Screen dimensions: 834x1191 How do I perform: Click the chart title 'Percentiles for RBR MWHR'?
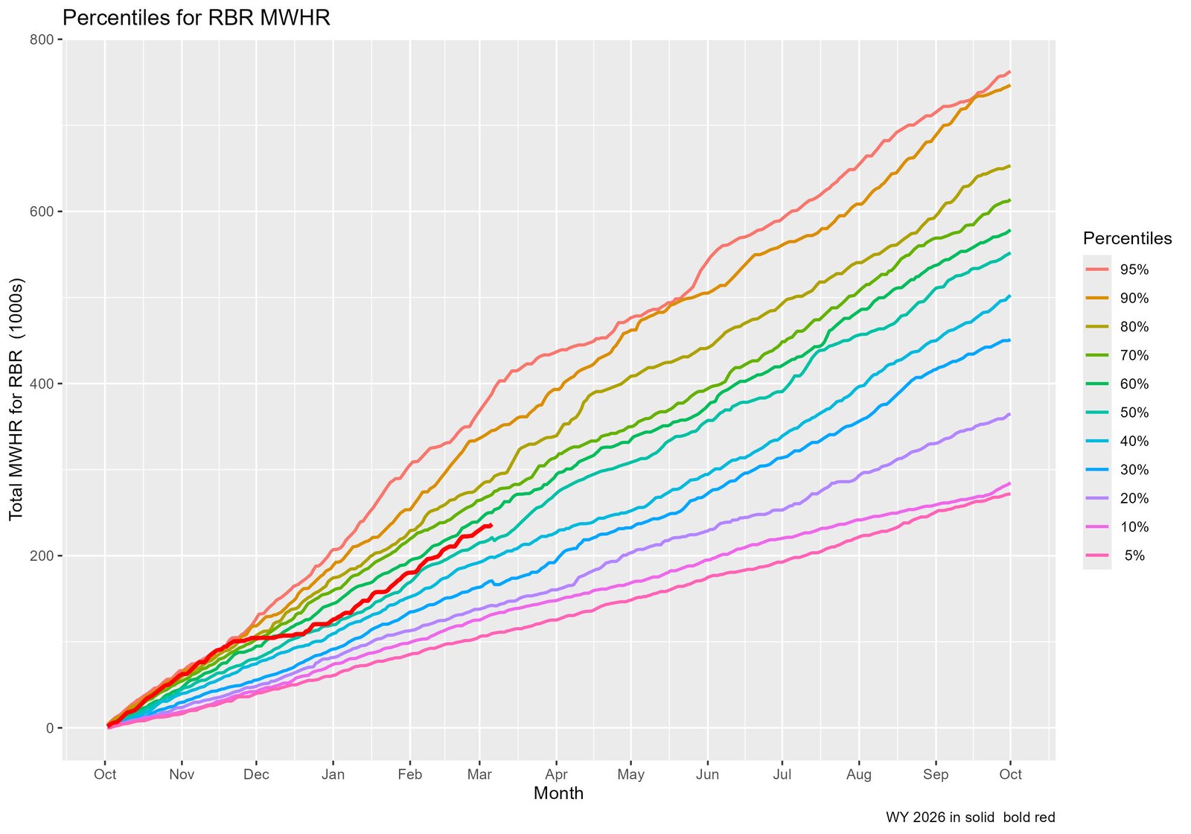[x=196, y=18]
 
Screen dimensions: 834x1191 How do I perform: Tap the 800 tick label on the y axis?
[x=44, y=39]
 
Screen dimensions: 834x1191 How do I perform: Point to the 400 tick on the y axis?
[x=44, y=383]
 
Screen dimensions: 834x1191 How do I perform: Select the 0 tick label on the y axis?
[x=50, y=728]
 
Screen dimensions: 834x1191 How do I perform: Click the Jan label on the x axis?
[x=333, y=774]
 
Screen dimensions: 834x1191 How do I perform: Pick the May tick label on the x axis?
[x=631, y=774]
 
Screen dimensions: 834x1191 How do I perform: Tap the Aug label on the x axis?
[x=858, y=774]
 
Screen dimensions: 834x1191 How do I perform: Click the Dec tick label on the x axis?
[x=256, y=774]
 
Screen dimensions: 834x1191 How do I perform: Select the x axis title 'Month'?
[x=558, y=794]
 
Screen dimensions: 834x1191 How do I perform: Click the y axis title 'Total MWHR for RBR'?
[x=16, y=400]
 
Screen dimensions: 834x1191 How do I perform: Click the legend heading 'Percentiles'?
[x=1127, y=238]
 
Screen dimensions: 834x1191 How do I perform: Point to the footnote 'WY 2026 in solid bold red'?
[x=970, y=817]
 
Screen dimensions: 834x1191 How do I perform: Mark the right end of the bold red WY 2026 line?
[x=491, y=525]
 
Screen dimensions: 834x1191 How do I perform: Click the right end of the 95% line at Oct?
[x=1009, y=72]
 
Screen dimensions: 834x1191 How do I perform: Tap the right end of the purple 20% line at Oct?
[x=1009, y=414]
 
